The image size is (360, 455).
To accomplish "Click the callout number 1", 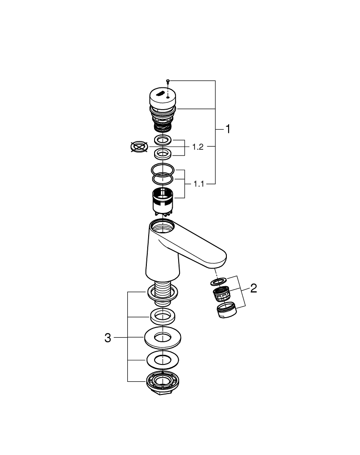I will pyautogui.click(x=228, y=129).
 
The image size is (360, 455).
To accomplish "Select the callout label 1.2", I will pyautogui.click(x=198, y=147).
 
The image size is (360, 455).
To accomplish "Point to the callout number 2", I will pyautogui.click(x=254, y=288).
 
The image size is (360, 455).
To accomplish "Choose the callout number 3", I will pyautogui.click(x=108, y=338).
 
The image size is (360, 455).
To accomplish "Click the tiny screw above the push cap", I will pyautogui.click(x=168, y=81).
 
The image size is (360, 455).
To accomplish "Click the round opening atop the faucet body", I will pyautogui.click(x=162, y=225).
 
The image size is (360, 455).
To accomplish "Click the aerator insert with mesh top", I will pyautogui.click(x=220, y=295).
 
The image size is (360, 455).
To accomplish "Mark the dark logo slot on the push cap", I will pyautogui.click(x=161, y=93).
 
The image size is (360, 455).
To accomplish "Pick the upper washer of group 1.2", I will pyautogui.click(x=162, y=139).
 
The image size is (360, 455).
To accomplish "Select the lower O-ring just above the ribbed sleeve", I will pyautogui.click(x=162, y=180).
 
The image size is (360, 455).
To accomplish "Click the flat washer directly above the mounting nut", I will pyautogui.click(x=162, y=359).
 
